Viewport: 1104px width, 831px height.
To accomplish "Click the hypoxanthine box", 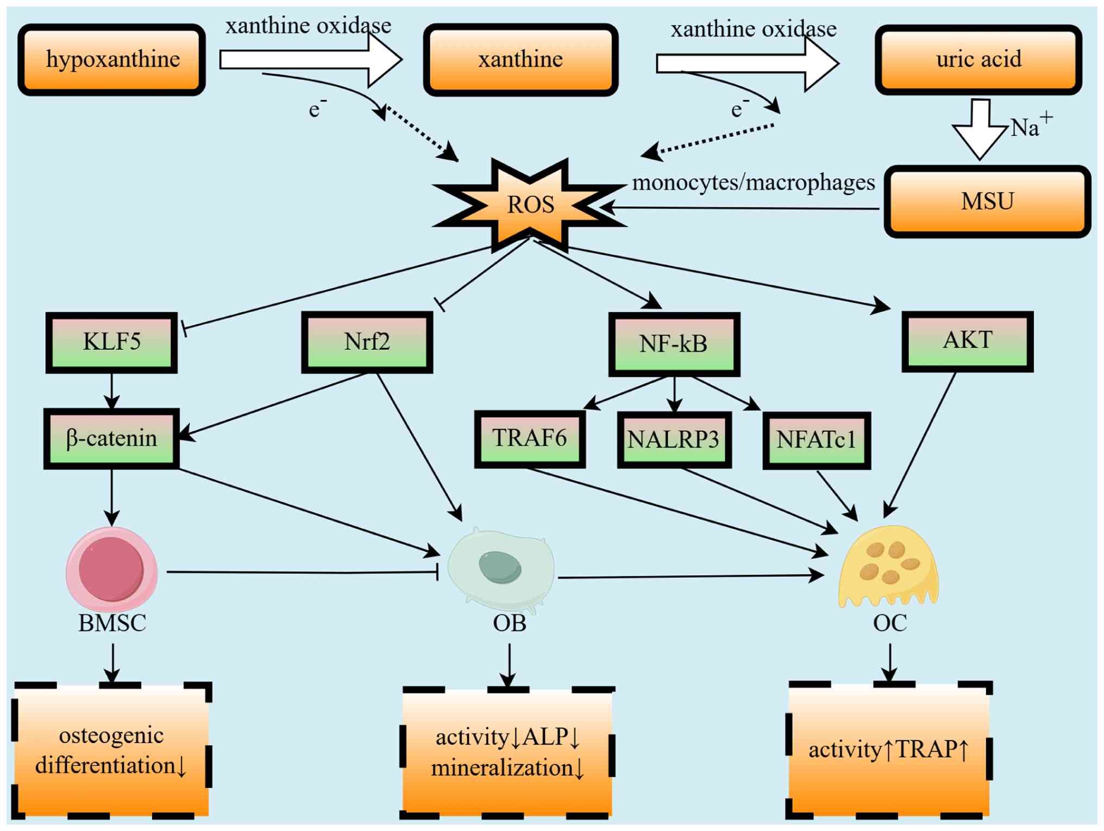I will click(112, 60).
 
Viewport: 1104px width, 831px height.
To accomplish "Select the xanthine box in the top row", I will click(520, 60).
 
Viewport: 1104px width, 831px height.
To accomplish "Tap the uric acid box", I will click(978, 60).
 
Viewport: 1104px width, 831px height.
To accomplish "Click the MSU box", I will click(987, 202).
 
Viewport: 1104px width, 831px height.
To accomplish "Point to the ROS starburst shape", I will click(530, 205).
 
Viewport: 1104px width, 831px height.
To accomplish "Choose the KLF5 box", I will click(111, 342).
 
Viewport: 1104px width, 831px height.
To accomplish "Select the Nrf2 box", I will click(367, 342).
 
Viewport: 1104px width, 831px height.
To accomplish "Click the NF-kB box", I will click(674, 344).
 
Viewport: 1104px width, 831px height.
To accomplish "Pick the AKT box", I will click(967, 341).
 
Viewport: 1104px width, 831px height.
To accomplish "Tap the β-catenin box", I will click(111, 438).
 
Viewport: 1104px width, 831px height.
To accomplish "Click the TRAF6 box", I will click(530, 439).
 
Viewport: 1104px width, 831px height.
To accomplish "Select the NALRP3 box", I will click(674, 439).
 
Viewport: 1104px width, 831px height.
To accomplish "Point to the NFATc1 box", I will click(816, 440).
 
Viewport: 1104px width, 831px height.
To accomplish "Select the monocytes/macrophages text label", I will click(753, 182).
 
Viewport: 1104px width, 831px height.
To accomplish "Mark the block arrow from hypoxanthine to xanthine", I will click(310, 60).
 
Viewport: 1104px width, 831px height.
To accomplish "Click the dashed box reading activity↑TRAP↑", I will click(889, 750).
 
